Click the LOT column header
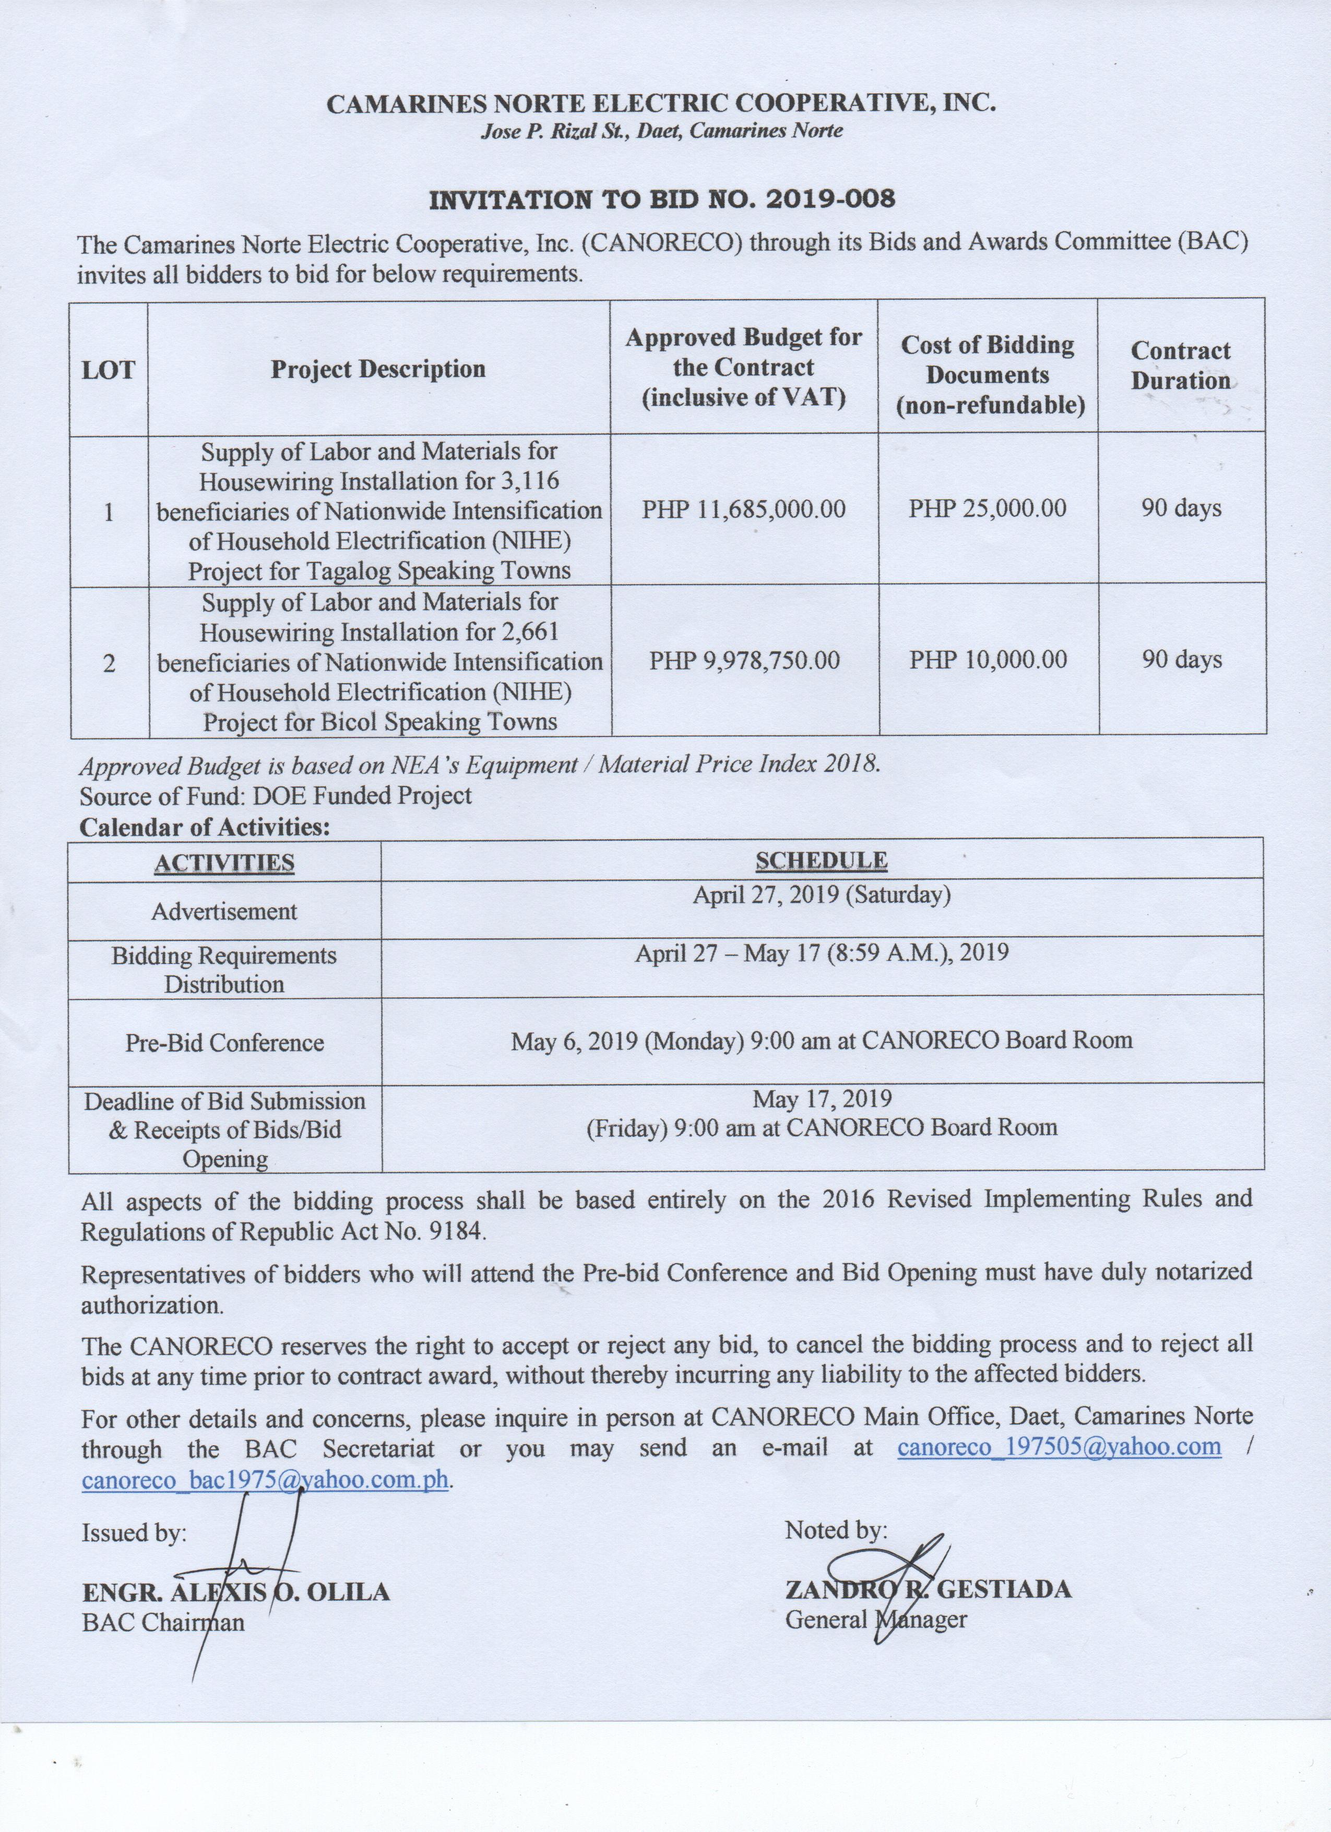(x=108, y=370)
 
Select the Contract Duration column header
(x=1180, y=365)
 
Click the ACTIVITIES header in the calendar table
(x=224, y=863)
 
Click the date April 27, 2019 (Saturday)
(x=822, y=895)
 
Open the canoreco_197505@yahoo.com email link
(x=1059, y=1447)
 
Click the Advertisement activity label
(x=224, y=911)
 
